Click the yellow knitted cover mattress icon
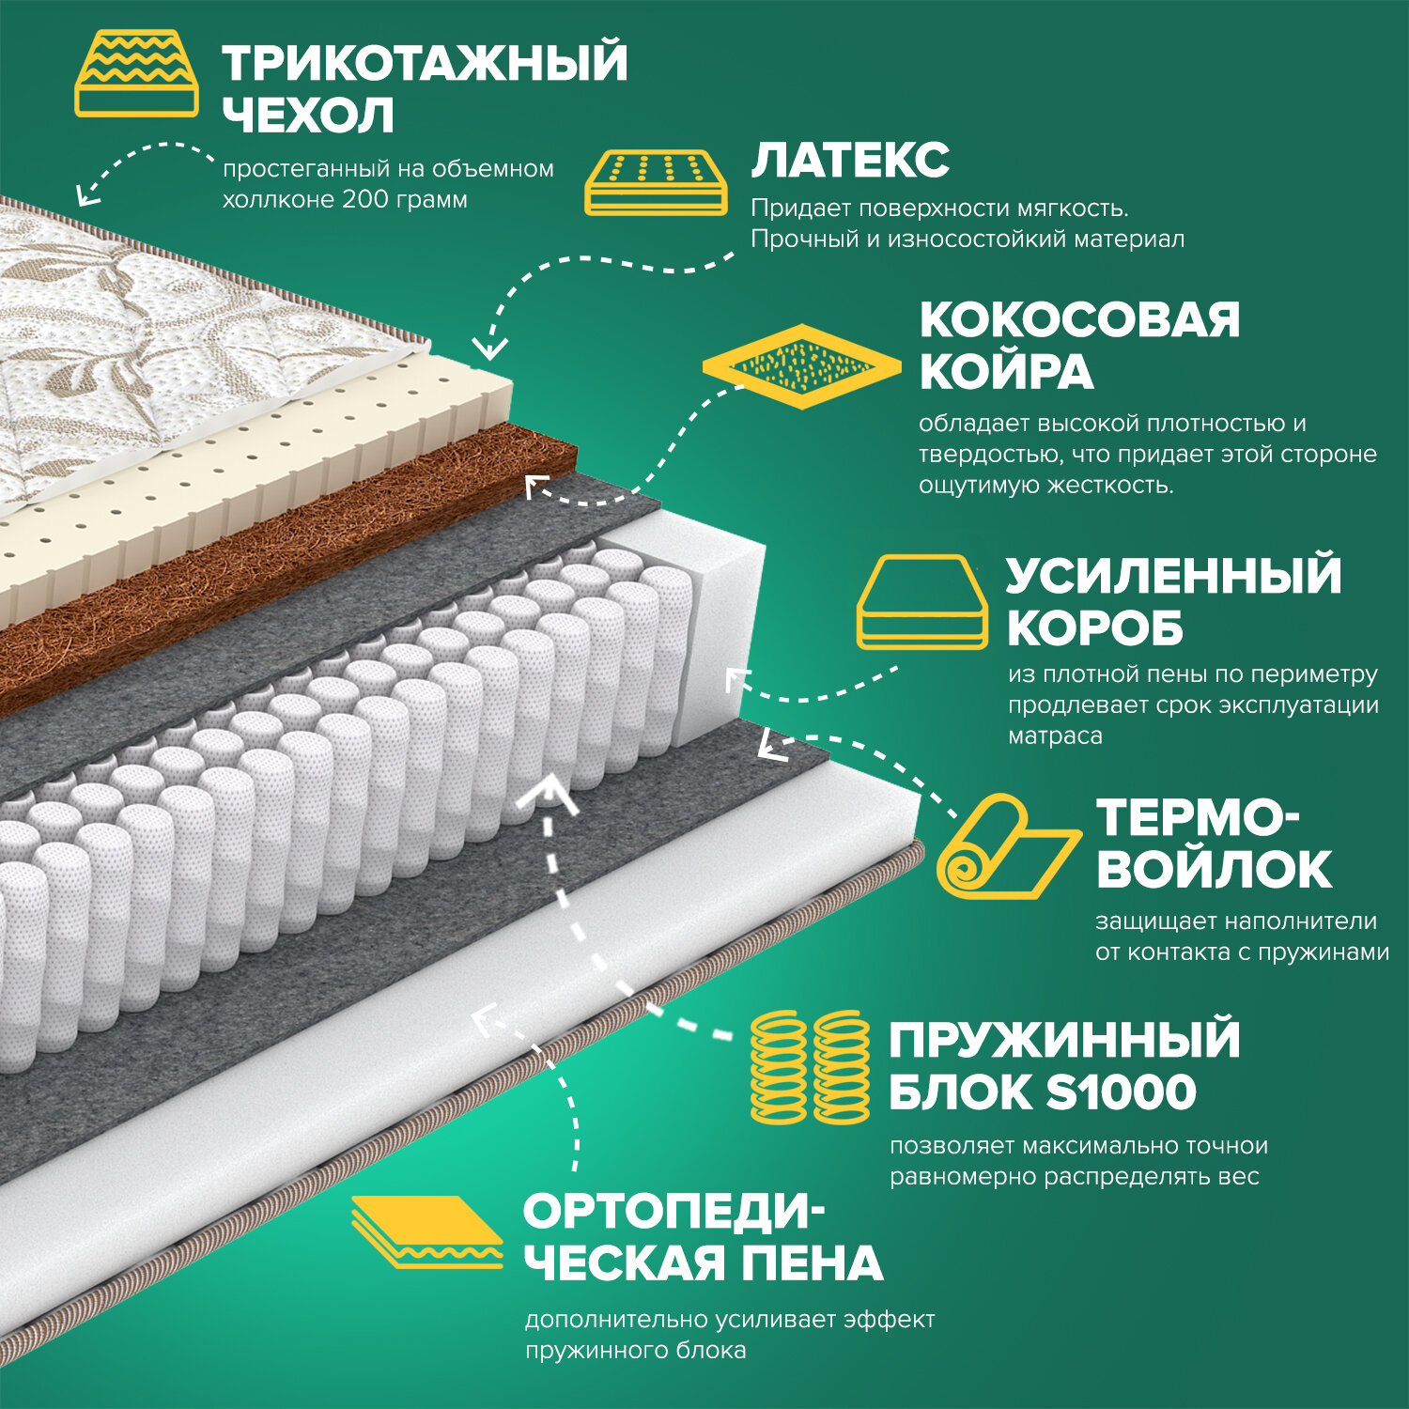(x=136, y=73)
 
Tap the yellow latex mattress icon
(x=657, y=180)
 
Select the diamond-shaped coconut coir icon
(x=801, y=365)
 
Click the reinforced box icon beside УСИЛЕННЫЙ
(x=921, y=601)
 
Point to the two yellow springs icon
(x=810, y=1067)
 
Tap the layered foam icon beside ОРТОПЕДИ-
(x=427, y=1231)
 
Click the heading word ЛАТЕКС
(x=850, y=160)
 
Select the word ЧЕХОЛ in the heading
(x=308, y=116)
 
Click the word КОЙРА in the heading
(x=1006, y=372)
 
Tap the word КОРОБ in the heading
(x=1094, y=628)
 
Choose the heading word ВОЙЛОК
(x=1214, y=869)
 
